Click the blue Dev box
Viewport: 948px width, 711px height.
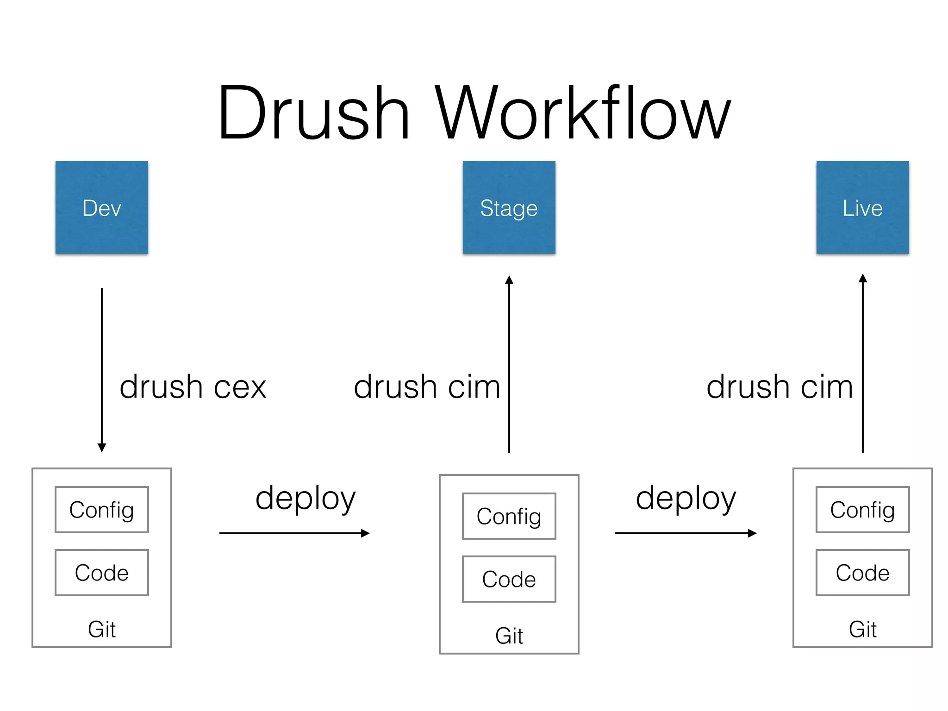tap(102, 207)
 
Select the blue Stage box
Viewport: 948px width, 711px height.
tap(509, 207)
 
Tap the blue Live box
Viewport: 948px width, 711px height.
tap(862, 207)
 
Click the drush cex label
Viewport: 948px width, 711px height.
tap(193, 387)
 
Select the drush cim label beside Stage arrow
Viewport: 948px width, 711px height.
tap(427, 387)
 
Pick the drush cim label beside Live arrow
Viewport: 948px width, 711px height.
tap(780, 387)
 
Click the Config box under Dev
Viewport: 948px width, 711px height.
tap(102, 510)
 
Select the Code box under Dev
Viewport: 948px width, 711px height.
tap(102, 573)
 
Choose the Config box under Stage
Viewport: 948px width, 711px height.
tap(509, 516)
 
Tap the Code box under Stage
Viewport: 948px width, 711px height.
tap(509, 579)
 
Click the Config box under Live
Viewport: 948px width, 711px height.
tap(862, 510)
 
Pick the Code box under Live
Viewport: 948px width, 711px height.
tap(862, 573)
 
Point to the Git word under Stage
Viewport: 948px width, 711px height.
tap(509, 636)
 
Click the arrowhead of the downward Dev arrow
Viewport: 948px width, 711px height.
tap(102, 447)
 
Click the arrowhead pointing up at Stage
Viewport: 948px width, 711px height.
tap(509, 280)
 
